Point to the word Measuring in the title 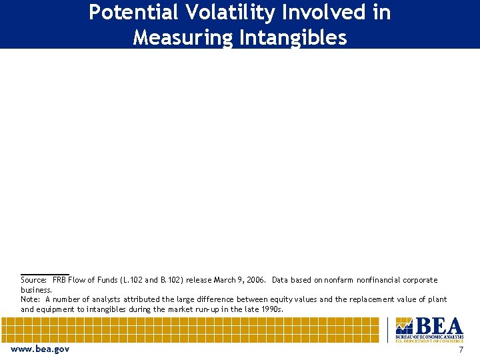pos(183,37)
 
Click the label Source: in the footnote pos(34,280)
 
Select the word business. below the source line pos(36,290)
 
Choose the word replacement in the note pos(365,299)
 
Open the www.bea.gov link pos(40,349)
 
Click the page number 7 pos(461,349)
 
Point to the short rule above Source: pos(45,274)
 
